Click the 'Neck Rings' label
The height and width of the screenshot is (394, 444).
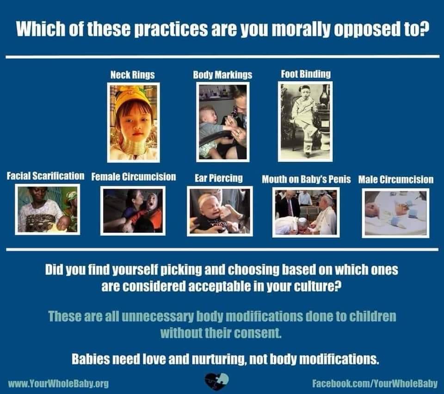pyautogui.click(x=132, y=74)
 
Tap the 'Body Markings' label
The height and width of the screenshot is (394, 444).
pyautogui.click(x=222, y=74)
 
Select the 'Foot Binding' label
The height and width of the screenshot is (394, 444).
pyautogui.click(x=306, y=74)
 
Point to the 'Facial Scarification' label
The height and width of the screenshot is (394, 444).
pyautogui.click(x=45, y=176)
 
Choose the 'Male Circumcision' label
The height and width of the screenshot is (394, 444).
pyautogui.click(x=395, y=179)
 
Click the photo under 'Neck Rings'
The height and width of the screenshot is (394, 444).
pyautogui.click(x=133, y=122)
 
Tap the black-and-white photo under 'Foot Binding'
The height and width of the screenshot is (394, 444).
pyautogui.click(x=305, y=121)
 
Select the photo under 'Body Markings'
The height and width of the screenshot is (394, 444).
pyautogui.click(x=222, y=122)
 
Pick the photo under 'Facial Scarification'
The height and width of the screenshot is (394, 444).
pyautogui.click(x=47, y=209)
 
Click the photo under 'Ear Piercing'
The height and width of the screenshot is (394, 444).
pyautogui.click(x=220, y=211)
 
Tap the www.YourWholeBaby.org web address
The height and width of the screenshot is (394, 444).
pyautogui.click(x=58, y=383)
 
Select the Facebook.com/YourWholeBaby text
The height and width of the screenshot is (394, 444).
pyautogui.click(x=375, y=383)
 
